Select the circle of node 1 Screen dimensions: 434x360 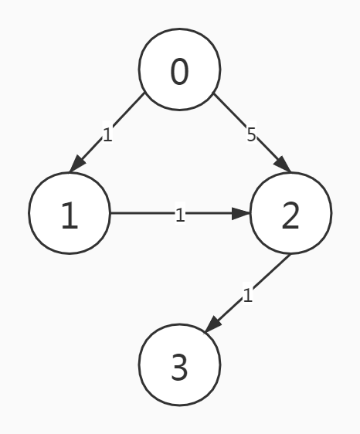pyautogui.click(x=70, y=212)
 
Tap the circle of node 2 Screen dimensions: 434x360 pyautogui.click(x=290, y=212)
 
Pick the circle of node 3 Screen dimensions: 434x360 pyautogui.click(x=179, y=364)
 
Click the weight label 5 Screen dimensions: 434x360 pyautogui.click(x=251, y=135)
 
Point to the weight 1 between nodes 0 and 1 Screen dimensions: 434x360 pyautogui.click(x=107, y=135)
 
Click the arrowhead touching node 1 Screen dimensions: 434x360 pyautogui.click(x=76, y=165)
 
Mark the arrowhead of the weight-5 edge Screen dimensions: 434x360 pyautogui.click(x=283, y=165)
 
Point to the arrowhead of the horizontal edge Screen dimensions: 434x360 pyautogui.click(x=242, y=212)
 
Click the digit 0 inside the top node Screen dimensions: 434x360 pyautogui.click(x=179, y=72)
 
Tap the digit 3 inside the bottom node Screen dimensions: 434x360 pyautogui.click(x=179, y=368)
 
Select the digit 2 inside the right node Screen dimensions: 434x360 pyautogui.click(x=290, y=217)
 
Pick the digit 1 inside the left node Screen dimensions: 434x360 pyautogui.click(x=70, y=217)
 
